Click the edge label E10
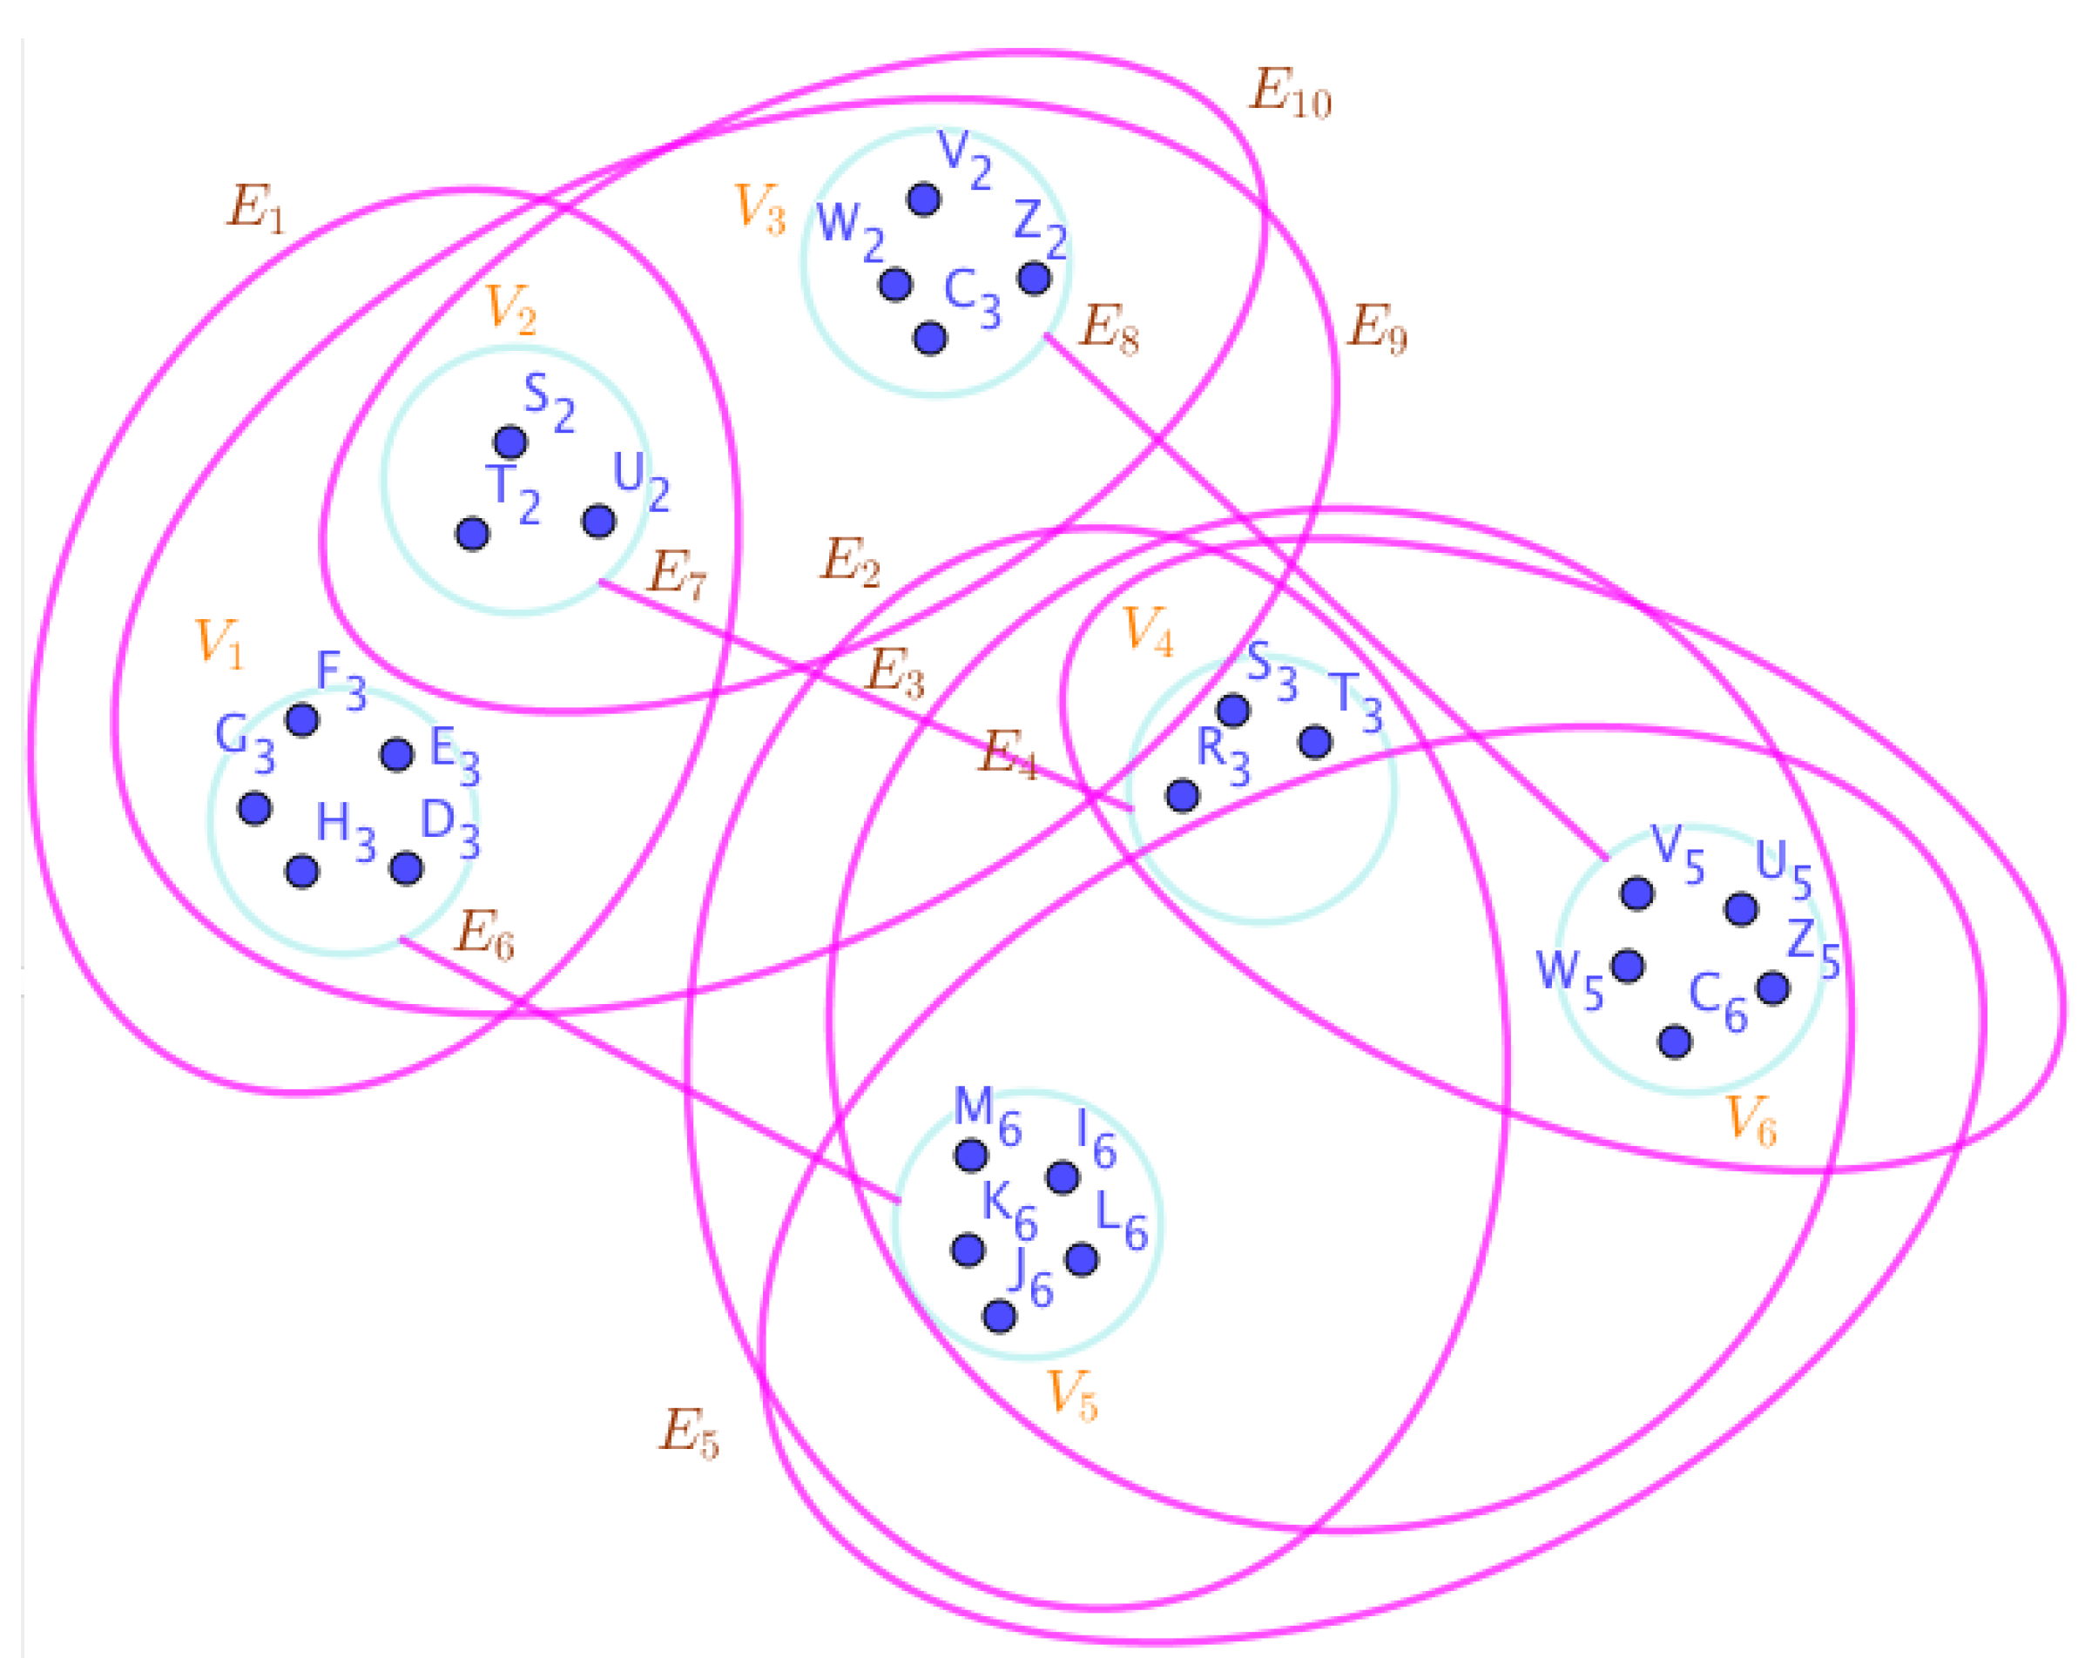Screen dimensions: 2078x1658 click(x=1290, y=94)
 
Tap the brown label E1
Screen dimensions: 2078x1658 click(x=256, y=209)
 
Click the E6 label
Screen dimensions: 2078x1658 click(x=484, y=934)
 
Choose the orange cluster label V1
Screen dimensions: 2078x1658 click(x=219, y=643)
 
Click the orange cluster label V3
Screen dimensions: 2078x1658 click(x=760, y=209)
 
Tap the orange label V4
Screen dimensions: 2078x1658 click(x=1149, y=632)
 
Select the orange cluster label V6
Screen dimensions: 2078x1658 click(x=1751, y=1121)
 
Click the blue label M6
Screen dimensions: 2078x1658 click(x=987, y=1117)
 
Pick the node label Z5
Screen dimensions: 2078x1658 click(x=1813, y=949)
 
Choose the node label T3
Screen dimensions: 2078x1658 click(x=1356, y=703)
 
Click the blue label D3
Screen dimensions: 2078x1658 click(x=450, y=830)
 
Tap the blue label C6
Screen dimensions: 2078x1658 click(x=1718, y=1003)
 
